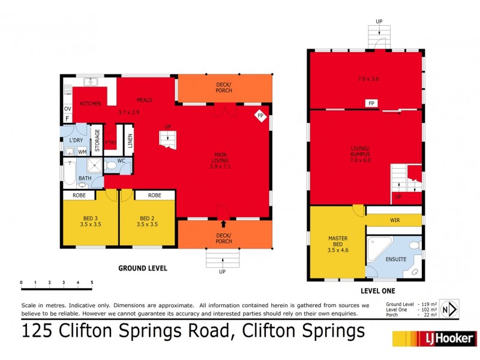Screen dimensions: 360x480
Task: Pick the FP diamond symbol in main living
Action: (260, 115)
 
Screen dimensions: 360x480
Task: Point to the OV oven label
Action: (67, 109)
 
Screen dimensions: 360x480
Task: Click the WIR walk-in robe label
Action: (394, 221)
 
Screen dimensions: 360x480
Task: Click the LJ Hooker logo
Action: (434, 338)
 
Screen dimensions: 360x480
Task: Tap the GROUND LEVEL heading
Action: (142, 268)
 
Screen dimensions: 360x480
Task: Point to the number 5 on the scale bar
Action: (92, 281)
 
